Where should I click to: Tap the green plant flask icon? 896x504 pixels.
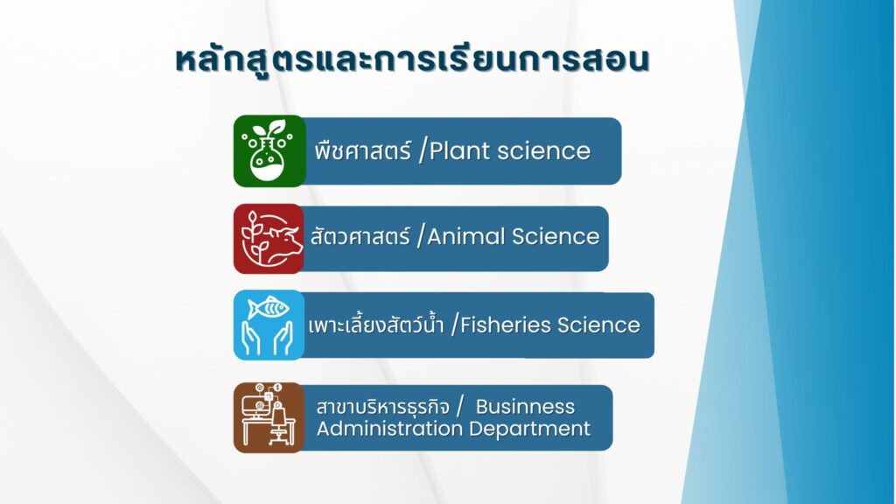click(269, 150)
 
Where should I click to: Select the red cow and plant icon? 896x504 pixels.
click(269, 238)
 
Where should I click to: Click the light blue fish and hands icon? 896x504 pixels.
click(269, 325)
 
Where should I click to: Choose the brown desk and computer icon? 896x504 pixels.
click(269, 417)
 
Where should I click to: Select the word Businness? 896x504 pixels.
click(525, 406)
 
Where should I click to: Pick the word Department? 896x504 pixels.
click(529, 429)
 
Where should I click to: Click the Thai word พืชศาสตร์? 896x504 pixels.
click(363, 150)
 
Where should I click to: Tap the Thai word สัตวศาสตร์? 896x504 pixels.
click(360, 235)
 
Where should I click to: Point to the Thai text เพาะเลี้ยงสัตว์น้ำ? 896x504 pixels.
click(376, 325)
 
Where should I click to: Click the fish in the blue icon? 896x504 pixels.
click(269, 308)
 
